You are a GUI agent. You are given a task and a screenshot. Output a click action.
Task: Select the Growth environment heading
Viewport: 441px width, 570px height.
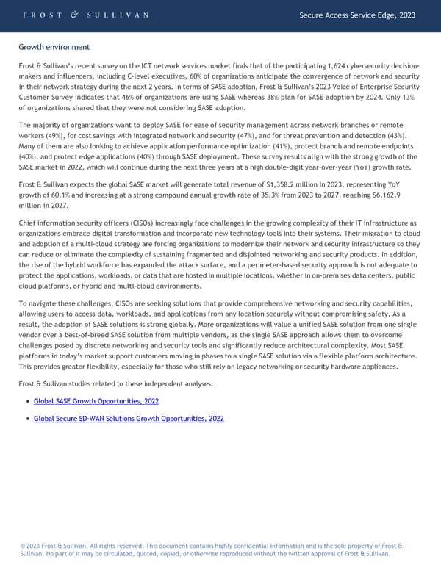[54, 47]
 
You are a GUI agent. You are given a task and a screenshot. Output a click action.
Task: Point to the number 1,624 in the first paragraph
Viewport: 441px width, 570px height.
[318, 67]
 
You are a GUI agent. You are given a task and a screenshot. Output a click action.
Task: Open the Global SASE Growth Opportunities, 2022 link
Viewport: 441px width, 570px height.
[96, 401]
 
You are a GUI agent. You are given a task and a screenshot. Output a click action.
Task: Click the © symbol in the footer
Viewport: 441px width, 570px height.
[23, 546]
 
